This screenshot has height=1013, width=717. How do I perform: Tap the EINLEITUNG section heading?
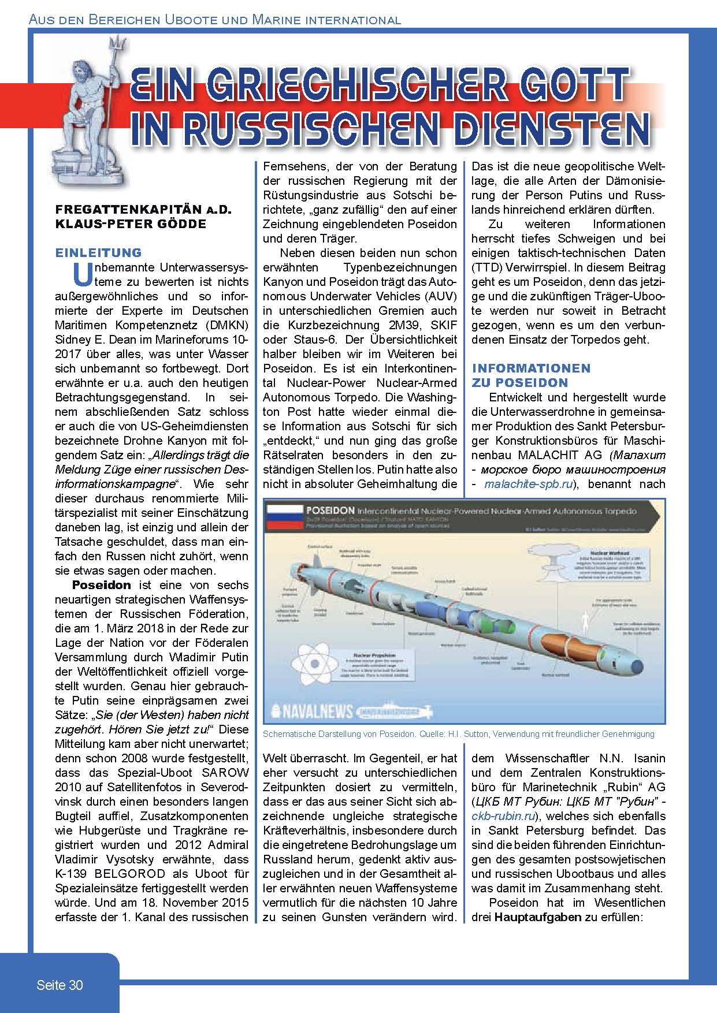[98, 252]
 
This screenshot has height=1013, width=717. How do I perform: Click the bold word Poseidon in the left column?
[102, 585]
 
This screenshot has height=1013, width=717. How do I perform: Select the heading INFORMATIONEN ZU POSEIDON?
[531, 375]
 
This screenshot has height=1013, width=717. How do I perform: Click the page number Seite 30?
[60, 985]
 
